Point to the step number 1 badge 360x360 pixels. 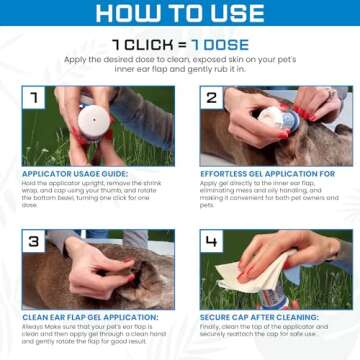[x=35, y=99]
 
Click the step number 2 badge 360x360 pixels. [x=213, y=99]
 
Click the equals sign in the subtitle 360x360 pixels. [x=181, y=46]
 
